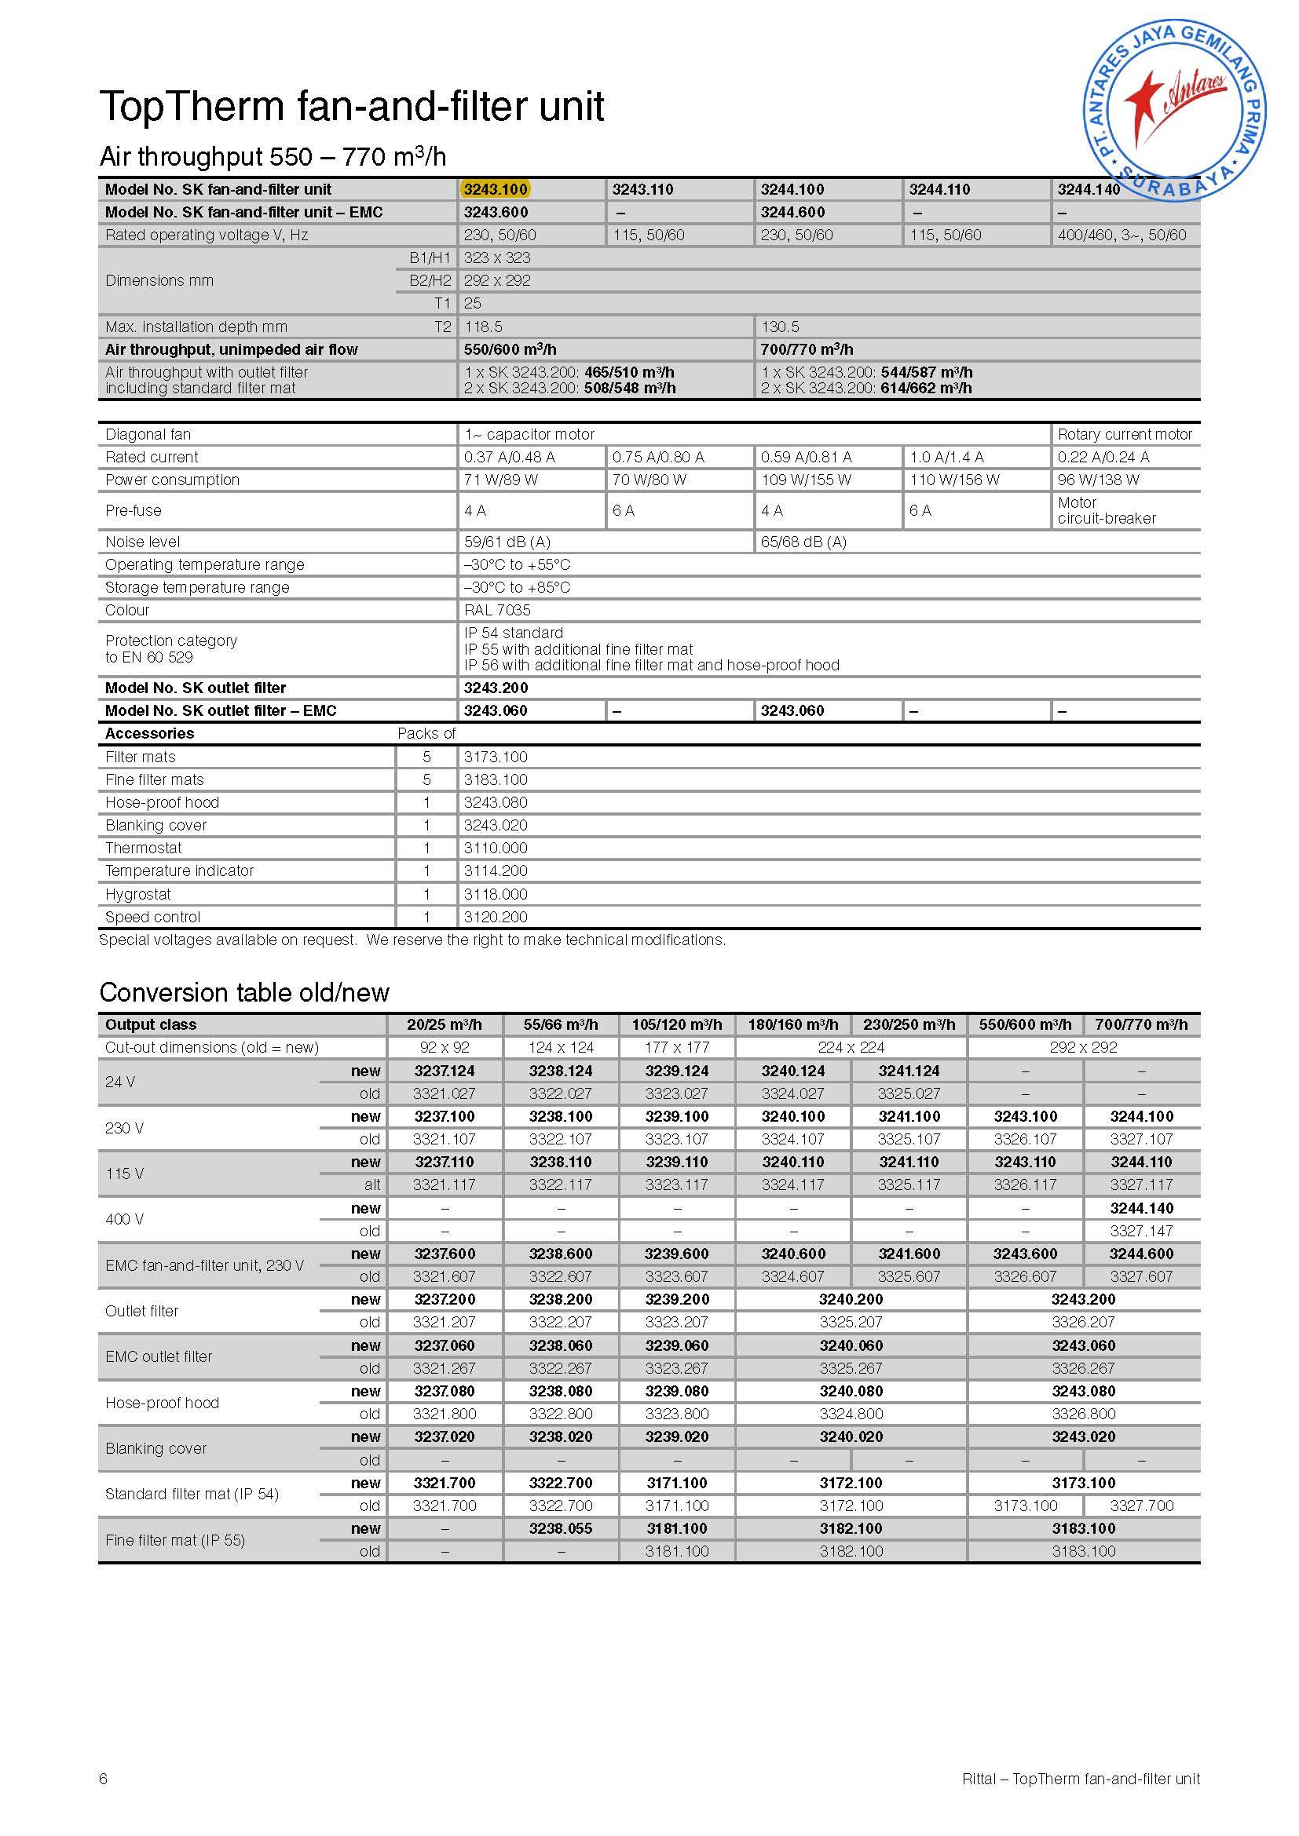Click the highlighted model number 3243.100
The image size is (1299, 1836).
[x=495, y=189]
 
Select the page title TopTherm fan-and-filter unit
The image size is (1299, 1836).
[x=351, y=106]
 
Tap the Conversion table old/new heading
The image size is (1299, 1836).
[x=244, y=992]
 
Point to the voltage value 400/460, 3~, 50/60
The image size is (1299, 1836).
[x=1122, y=235]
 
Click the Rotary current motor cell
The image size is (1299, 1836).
[x=1124, y=434]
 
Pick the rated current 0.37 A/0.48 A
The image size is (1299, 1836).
[x=509, y=458]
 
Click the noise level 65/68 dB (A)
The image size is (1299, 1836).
[x=803, y=542]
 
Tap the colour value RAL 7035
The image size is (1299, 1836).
[x=496, y=610]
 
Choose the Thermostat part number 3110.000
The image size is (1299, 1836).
[x=495, y=848]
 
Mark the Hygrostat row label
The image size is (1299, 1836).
[x=137, y=894]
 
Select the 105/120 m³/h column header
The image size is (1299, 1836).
[x=677, y=1025]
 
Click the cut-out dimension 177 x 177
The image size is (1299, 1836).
[x=677, y=1048]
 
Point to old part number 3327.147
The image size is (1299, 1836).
[x=1140, y=1231]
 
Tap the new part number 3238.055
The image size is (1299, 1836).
[x=560, y=1528]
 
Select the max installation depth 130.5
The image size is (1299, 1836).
[x=780, y=327]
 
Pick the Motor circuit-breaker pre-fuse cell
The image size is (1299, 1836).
[x=1107, y=510]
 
